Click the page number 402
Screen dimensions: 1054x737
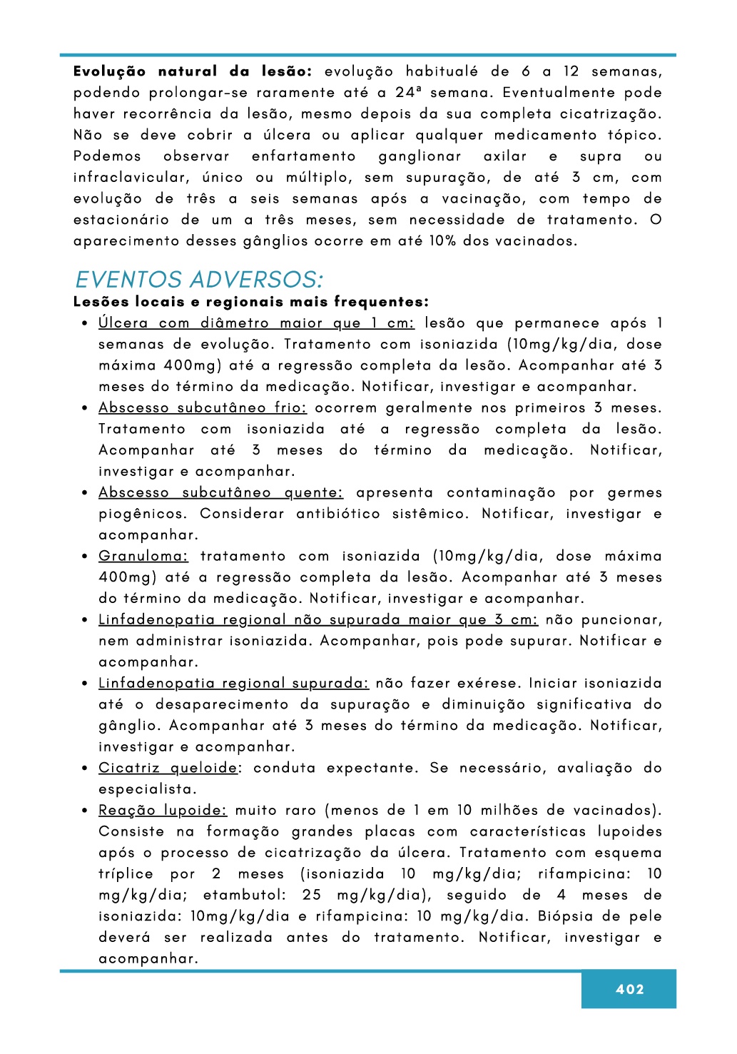click(x=629, y=989)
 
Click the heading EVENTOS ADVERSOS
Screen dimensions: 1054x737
click(x=199, y=279)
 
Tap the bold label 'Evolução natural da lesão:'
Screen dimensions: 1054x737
click(x=193, y=71)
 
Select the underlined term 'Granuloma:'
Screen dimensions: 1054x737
click(x=143, y=556)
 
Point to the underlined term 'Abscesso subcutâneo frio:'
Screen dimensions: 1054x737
click(x=203, y=407)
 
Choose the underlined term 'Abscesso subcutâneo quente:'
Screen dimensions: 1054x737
click(x=220, y=492)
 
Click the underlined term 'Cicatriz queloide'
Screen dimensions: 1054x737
click(x=168, y=768)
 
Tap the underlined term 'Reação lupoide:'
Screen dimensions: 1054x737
click(x=163, y=810)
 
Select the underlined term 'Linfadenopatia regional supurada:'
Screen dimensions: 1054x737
click(x=233, y=683)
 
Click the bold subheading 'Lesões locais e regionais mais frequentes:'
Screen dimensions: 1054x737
click(x=251, y=302)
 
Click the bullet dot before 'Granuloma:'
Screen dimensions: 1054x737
click(x=84, y=557)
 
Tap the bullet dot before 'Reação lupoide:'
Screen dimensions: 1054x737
click(x=84, y=811)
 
